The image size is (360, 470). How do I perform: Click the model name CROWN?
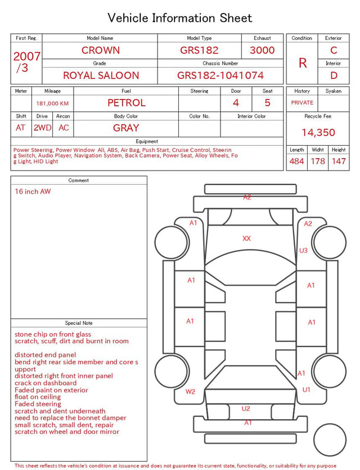pos(101,50)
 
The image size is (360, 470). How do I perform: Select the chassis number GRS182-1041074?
pos(220,75)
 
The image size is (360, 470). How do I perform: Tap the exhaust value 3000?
pos(262,50)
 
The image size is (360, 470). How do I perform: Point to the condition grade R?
pos(303,63)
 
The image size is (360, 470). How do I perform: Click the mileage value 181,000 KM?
pos(52,104)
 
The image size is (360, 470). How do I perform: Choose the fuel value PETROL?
pos(127,103)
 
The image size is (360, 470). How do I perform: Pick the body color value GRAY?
pos(126,128)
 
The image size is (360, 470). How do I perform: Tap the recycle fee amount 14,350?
pos(318,132)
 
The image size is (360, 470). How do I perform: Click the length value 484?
pos(297,161)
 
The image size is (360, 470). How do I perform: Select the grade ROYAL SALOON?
pos(101,75)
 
